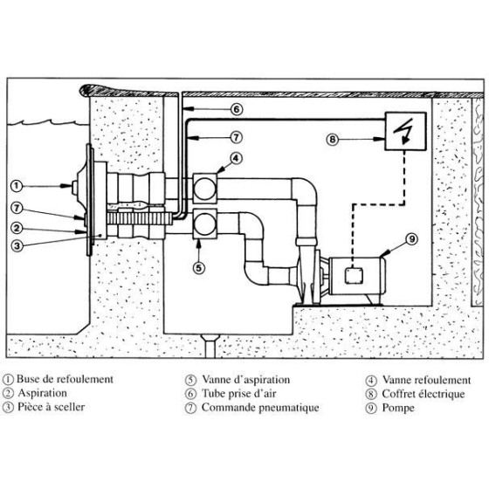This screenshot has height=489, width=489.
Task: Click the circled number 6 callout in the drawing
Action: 237,109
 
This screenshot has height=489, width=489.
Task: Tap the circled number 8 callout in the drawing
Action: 333,139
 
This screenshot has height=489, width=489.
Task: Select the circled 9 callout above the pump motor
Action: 412,239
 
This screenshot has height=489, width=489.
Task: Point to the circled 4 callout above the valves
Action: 236,159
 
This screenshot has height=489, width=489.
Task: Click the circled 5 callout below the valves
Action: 199,267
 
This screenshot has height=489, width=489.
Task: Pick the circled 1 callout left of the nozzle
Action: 17,186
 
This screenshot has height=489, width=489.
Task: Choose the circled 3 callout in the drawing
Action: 17,245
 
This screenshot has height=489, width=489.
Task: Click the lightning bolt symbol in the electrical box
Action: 403,131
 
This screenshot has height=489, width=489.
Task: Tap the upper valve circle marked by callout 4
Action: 204,189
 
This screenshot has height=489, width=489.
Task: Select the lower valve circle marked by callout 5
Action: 204,224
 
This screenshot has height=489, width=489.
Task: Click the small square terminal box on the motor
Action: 354,275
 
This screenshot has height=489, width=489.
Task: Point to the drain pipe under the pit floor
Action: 210,346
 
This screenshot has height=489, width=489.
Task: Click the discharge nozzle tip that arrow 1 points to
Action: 75,188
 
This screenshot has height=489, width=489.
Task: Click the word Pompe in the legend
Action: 398,409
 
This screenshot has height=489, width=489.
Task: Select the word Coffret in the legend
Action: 397,394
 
